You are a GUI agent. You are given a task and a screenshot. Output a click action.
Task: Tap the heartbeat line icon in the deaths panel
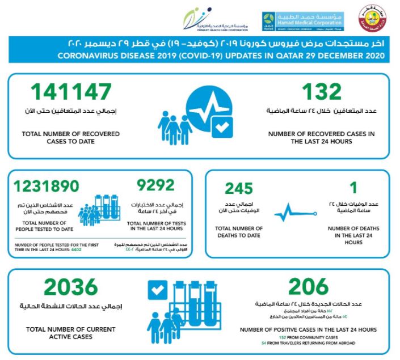coord(290,215)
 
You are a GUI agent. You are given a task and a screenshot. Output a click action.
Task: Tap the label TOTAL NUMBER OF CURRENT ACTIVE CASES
coord(70,333)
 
